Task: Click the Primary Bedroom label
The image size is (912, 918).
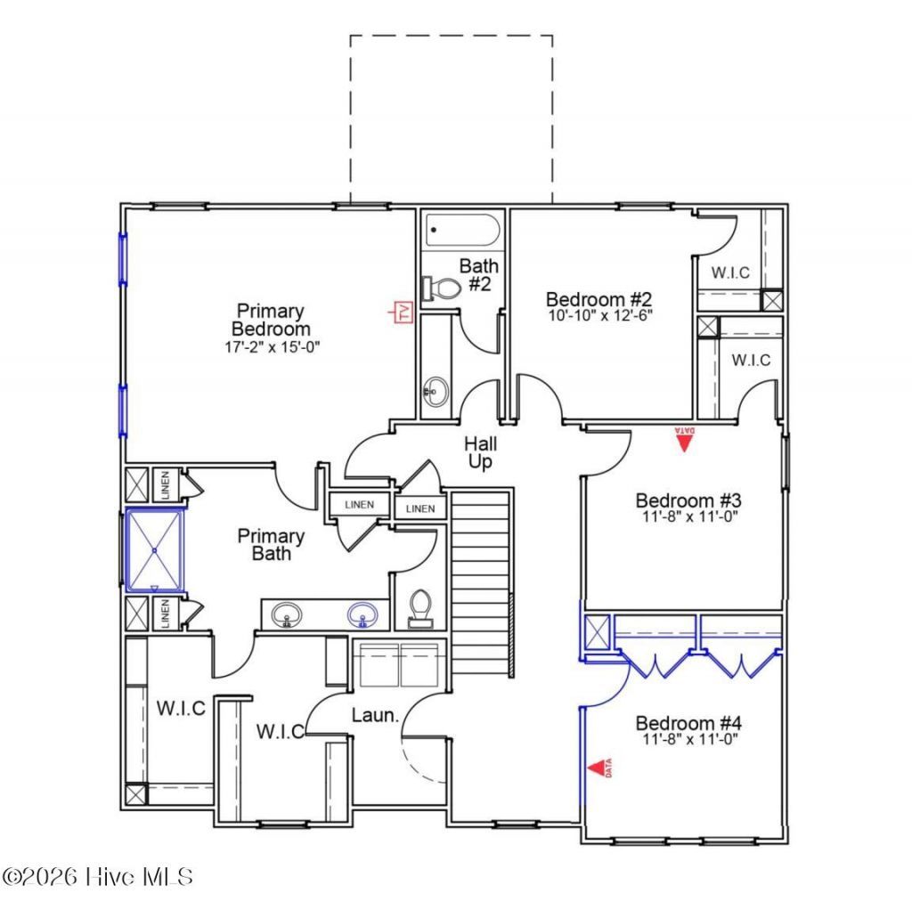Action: pyautogui.click(x=271, y=320)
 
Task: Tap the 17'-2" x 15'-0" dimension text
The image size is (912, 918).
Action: pyautogui.click(x=272, y=347)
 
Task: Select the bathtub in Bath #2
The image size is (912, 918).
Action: pyautogui.click(x=463, y=230)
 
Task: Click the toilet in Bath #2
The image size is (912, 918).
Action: pyautogui.click(x=442, y=288)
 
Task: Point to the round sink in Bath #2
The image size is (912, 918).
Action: pyautogui.click(x=436, y=391)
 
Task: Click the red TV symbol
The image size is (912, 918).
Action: pyautogui.click(x=402, y=312)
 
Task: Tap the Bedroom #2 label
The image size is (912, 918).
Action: pyautogui.click(x=598, y=299)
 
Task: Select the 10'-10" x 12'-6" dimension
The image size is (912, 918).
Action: pyautogui.click(x=600, y=315)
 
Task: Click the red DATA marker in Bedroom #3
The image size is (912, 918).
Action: pyautogui.click(x=684, y=439)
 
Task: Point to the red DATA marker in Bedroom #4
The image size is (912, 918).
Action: pyautogui.click(x=599, y=768)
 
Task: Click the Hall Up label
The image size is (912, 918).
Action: pyautogui.click(x=480, y=452)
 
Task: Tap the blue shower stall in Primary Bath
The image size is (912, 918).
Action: pyautogui.click(x=155, y=550)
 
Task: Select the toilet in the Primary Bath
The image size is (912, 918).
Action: pyautogui.click(x=420, y=609)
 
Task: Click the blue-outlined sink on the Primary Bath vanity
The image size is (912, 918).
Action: pyautogui.click(x=362, y=614)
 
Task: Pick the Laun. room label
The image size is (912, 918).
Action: pyautogui.click(x=375, y=715)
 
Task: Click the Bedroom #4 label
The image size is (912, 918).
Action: pyautogui.click(x=688, y=723)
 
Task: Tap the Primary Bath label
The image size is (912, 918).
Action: pyautogui.click(x=271, y=544)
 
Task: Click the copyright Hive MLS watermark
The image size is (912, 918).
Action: pyautogui.click(x=97, y=877)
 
